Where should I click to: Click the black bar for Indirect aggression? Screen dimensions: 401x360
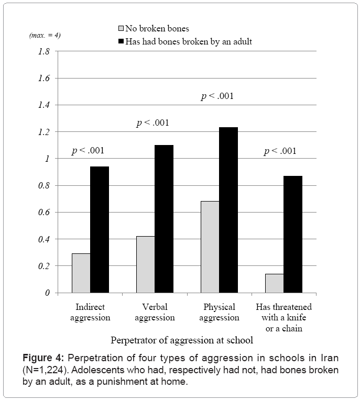click(x=100, y=229)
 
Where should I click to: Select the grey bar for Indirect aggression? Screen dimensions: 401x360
click(x=81, y=273)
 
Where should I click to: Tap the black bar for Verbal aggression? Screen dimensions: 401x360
click(x=164, y=219)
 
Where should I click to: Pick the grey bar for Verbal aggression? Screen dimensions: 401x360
click(x=145, y=264)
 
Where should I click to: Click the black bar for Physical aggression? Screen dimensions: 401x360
click(x=228, y=210)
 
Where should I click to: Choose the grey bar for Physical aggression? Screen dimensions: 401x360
click(x=210, y=247)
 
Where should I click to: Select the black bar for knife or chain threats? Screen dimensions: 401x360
click(x=293, y=234)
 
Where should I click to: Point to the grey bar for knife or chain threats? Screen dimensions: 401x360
click(x=274, y=283)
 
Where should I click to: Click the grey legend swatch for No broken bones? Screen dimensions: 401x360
click(x=121, y=28)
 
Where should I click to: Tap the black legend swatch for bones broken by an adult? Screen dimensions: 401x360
click(x=121, y=41)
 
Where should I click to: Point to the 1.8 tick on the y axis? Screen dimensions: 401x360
click(x=43, y=51)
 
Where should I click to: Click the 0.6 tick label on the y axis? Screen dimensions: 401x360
click(x=43, y=213)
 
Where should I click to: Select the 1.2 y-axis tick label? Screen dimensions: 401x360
click(x=43, y=132)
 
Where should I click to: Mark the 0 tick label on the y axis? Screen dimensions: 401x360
click(x=47, y=293)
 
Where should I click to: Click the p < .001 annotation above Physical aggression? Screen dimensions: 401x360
click(x=217, y=96)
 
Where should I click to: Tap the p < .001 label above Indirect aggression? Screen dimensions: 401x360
click(x=88, y=151)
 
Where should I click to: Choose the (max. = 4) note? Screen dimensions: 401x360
click(x=45, y=36)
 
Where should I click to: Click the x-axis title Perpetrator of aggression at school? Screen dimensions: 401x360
click(x=182, y=340)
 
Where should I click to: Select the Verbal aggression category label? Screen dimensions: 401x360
click(x=155, y=312)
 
